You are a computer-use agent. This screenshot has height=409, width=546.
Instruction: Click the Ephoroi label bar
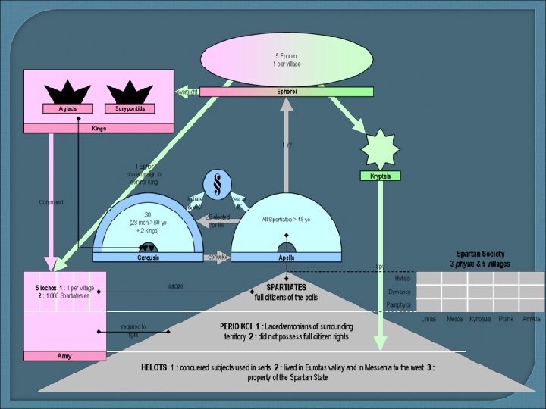click(x=287, y=92)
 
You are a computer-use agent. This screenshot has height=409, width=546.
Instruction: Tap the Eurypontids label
click(x=130, y=108)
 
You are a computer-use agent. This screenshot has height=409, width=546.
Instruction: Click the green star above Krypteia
click(x=379, y=148)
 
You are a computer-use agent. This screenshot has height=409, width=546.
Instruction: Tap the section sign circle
click(x=218, y=185)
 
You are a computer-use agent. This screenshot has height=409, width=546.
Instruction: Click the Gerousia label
click(x=149, y=258)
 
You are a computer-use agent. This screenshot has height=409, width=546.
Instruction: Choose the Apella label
click(x=286, y=258)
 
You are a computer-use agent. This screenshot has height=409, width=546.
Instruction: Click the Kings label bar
click(x=99, y=128)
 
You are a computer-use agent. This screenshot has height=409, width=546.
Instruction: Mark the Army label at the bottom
click(x=64, y=355)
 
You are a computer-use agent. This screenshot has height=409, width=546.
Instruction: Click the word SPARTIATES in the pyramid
click(x=280, y=288)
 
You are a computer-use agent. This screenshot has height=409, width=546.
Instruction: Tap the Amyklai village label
click(x=532, y=319)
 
